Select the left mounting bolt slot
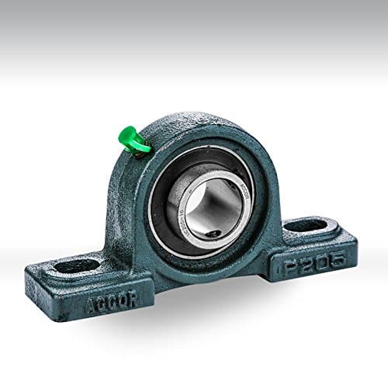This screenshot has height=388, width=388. click(78, 265)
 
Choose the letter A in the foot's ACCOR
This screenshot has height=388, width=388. click(92, 303)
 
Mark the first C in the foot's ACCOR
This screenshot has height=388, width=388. click(101, 303)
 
